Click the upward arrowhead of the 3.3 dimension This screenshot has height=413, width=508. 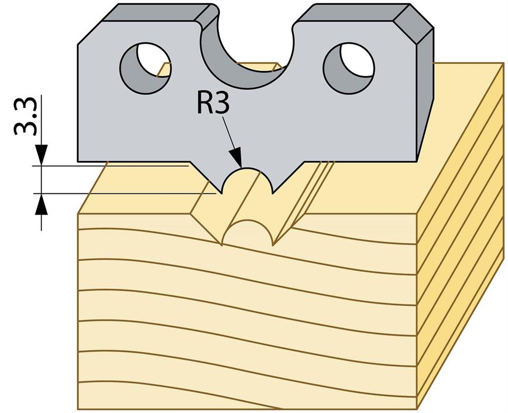coord(42,202)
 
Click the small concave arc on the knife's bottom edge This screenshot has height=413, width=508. coord(248,176)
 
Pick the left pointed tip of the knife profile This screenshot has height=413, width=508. coord(222,192)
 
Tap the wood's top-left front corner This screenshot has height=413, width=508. coord(78,214)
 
